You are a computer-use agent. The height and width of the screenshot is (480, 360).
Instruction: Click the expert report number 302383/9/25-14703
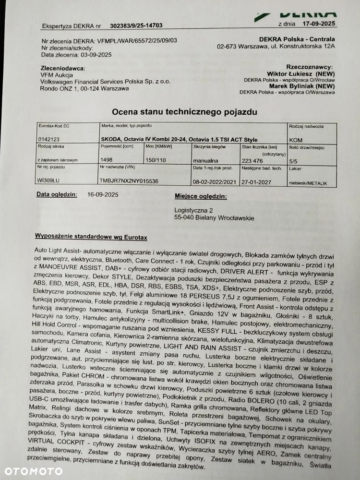136,26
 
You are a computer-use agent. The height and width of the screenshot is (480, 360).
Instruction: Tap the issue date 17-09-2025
317,23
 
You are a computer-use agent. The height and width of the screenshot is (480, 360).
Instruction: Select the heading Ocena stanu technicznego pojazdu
185,112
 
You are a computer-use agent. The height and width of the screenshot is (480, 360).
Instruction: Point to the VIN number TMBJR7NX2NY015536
128,181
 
